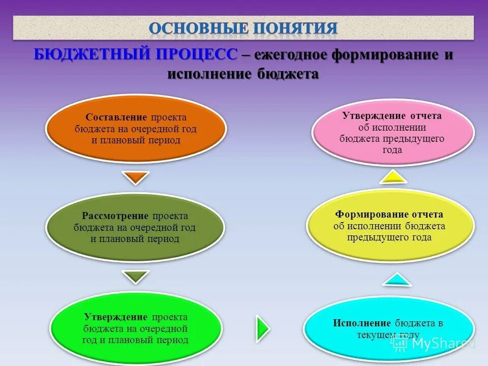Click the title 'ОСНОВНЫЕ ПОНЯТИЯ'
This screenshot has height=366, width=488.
point(243,28)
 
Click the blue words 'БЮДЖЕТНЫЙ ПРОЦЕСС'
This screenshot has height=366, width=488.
point(136,54)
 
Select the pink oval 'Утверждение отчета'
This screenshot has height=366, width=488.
point(392,132)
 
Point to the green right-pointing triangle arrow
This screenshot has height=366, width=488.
point(262,328)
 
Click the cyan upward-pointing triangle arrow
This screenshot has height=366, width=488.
point(395,279)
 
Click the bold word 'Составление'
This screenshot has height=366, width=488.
point(116,117)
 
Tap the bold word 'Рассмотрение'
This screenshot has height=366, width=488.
point(115,216)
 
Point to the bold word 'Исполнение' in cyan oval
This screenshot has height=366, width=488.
point(362,323)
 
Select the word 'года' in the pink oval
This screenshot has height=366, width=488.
point(392,150)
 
